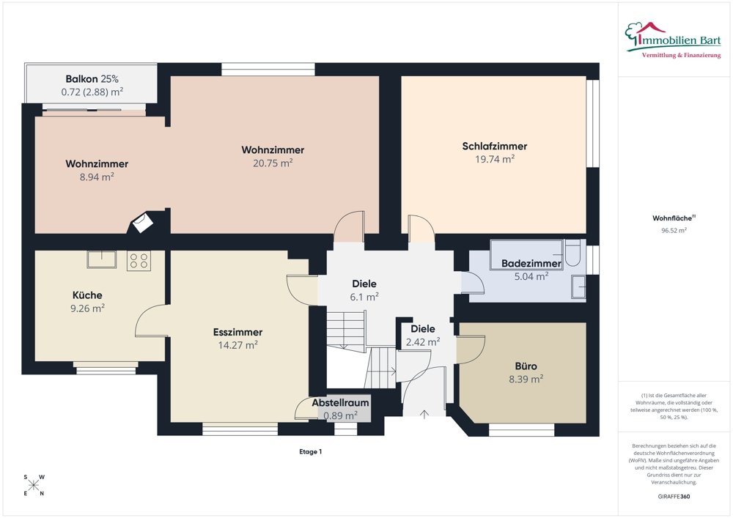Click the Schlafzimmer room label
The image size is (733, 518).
coord(495,147)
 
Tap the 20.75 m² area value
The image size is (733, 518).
coord(273,163)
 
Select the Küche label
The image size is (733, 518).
coord(87,295)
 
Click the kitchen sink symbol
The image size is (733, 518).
coord(101,259)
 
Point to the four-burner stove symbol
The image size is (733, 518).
coord(139,261)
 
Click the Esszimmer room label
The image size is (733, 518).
coord(237,332)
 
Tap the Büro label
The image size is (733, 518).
coord(526,366)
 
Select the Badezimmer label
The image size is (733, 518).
coord(531,264)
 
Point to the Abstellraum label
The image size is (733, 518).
coord(340,403)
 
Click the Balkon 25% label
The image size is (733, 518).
coord(92,79)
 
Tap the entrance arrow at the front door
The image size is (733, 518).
coord(424,414)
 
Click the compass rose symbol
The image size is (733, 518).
coord(34,485)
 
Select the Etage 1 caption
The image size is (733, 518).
coord(310,451)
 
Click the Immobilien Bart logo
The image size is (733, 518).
coord(673,40)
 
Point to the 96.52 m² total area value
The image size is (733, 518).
coord(674,230)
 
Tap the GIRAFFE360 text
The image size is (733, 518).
coord(674,497)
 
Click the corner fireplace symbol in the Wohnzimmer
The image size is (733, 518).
coord(143,221)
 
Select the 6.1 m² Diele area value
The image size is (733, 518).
coord(364,297)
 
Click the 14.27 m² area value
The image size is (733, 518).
coord(237,345)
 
